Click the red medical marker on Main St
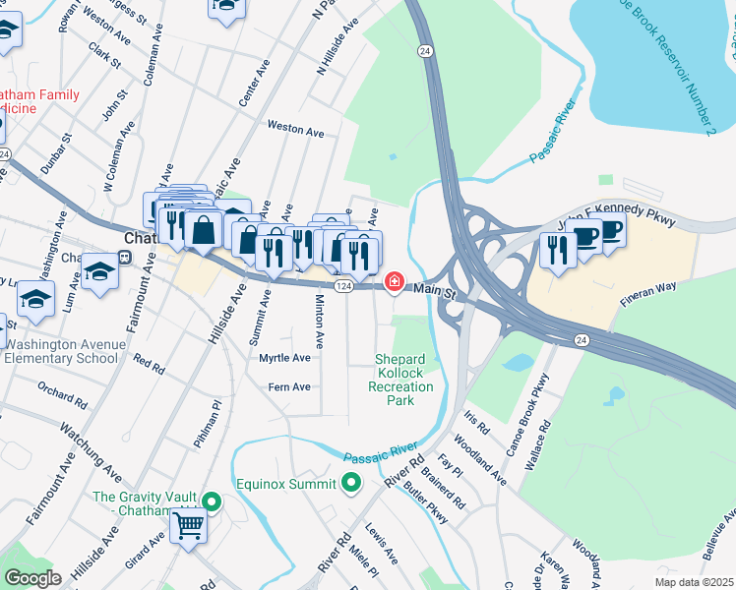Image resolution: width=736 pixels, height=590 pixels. [x=395, y=283]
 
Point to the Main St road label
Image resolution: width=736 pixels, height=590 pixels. [x=435, y=291]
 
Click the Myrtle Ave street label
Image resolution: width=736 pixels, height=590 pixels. [x=284, y=358]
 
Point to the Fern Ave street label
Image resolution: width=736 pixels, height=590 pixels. [x=289, y=387]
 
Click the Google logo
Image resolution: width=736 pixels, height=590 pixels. [x=32, y=578]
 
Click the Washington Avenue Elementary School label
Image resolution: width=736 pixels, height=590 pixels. [x=65, y=351]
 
